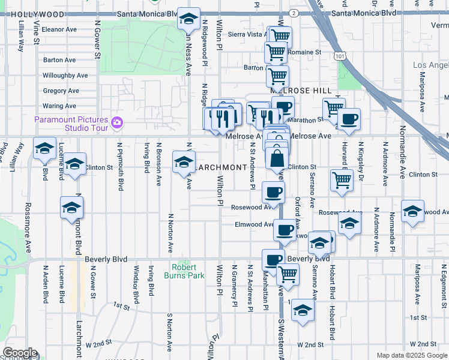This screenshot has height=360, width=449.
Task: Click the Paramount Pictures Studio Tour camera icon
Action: pos(117,124)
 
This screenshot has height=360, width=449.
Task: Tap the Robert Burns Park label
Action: pos(184,271)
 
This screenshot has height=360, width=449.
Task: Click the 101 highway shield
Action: pos(340,56)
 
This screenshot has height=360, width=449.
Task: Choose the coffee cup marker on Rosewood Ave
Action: pos(273,193)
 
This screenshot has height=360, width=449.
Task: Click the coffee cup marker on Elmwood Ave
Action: pos(285,229)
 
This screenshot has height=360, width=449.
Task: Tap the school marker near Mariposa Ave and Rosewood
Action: pos(412,212)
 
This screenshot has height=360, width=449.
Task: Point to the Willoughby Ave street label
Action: pos(65,76)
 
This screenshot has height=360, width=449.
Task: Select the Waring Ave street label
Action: pos(59,106)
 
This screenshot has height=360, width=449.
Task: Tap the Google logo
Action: pos(20,353)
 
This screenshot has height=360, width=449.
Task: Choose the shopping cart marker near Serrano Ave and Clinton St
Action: pos(342,179)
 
